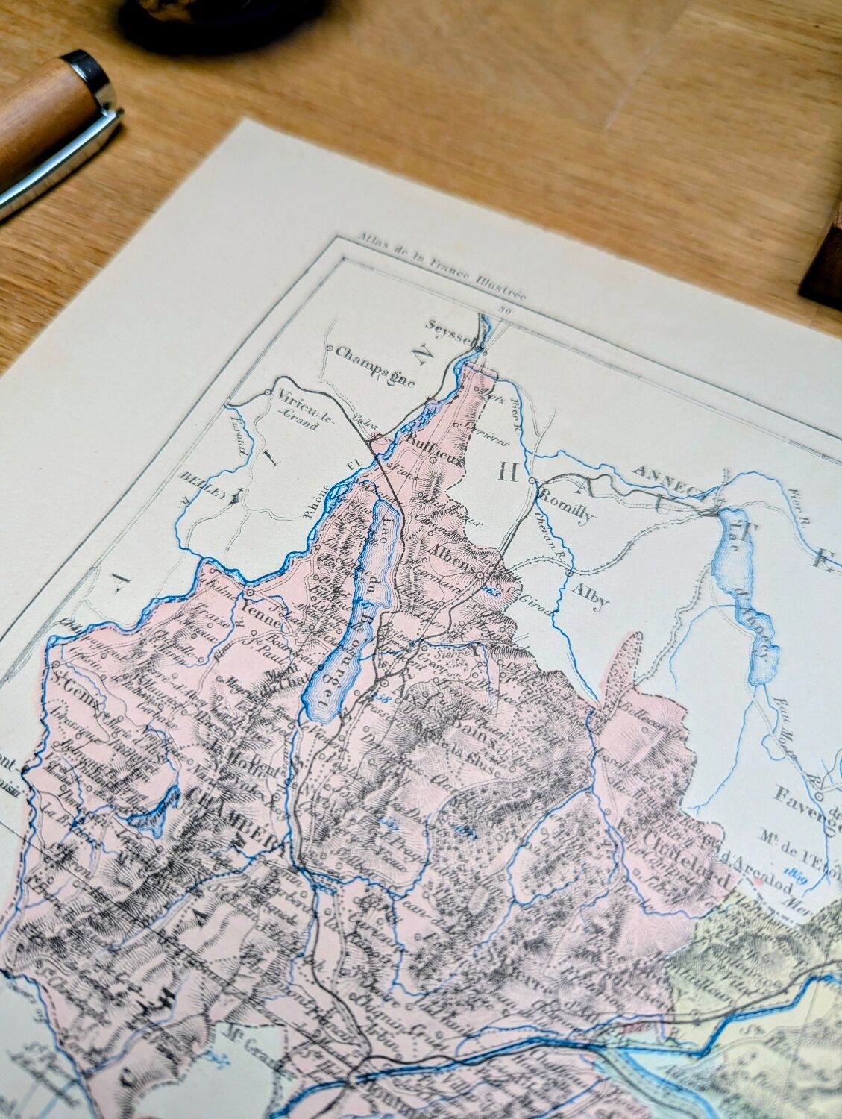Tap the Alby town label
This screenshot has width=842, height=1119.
pyautogui.click(x=591, y=596)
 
